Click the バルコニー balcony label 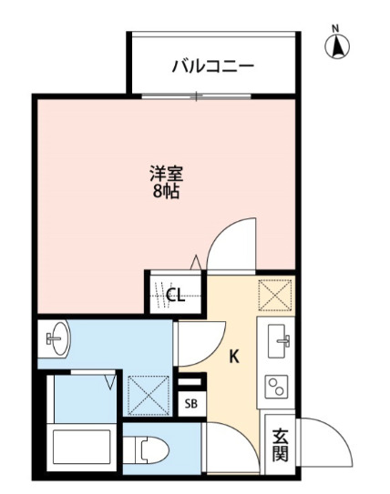(x=212, y=66)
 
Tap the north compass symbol (x=337, y=44)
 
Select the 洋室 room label (x=167, y=173)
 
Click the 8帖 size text (x=166, y=191)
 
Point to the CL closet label (x=176, y=295)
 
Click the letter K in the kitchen (x=234, y=357)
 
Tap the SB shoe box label (x=191, y=404)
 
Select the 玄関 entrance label (x=280, y=445)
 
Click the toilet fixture (x=146, y=450)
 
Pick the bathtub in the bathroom (x=82, y=447)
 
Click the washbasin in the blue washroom (x=57, y=338)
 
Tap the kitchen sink (x=279, y=341)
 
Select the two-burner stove (x=276, y=387)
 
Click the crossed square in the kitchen (x=275, y=295)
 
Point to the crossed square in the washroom (x=149, y=395)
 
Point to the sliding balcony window (x=196, y=96)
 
